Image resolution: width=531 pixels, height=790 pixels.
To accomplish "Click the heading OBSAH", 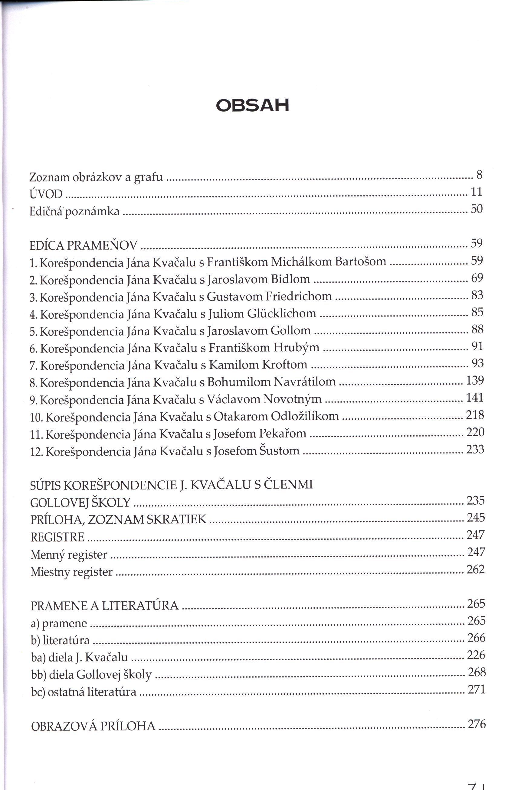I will click(252, 105).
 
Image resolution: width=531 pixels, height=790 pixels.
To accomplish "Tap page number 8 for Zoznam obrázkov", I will click(479, 174).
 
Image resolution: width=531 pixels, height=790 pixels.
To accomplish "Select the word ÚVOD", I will click(46, 194).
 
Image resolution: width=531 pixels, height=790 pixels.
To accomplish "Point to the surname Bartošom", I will click(361, 262).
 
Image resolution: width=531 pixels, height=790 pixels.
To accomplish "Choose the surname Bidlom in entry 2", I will click(290, 279).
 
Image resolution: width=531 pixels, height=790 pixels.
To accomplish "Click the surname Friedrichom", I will click(298, 296).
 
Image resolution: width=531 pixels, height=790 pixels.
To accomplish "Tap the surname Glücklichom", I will click(281, 313).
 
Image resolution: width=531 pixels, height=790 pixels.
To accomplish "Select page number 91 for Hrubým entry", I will click(477, 346).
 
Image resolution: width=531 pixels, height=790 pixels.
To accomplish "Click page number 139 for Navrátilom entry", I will click(475, 381).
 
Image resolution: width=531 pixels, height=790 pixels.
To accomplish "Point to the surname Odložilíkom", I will click(304, 416).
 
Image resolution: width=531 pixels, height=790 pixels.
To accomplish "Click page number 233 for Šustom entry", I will click(475, 449).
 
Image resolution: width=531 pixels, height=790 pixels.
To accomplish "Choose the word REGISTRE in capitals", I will click(57, 537).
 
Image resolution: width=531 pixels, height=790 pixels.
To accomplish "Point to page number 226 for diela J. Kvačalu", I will click(476, 655).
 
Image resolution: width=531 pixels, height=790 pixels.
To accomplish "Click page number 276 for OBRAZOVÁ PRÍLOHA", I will click(477, 724).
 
